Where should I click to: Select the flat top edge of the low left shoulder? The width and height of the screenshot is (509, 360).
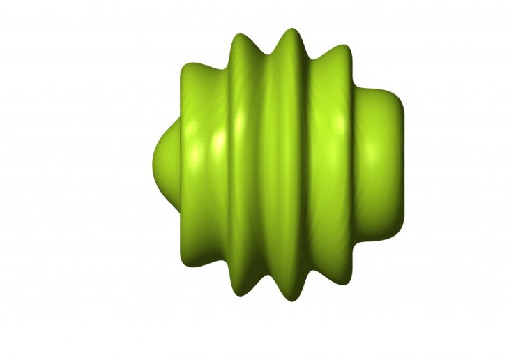pyautogui.click(x=202, y=66)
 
